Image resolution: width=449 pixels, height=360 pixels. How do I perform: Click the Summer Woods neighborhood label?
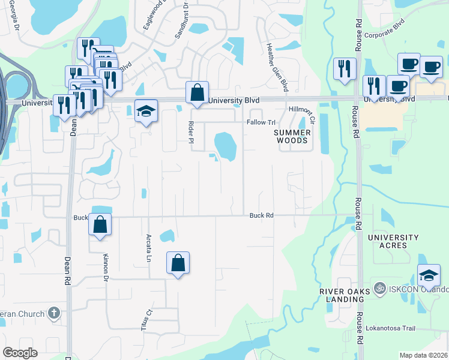292,136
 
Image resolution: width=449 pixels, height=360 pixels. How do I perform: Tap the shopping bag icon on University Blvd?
197,93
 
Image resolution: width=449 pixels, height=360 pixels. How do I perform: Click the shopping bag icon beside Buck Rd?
100,224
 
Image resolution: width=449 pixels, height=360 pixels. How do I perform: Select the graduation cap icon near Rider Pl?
145,112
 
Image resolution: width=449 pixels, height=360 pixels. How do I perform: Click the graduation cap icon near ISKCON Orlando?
429,275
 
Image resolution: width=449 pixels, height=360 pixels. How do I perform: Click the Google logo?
20,353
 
